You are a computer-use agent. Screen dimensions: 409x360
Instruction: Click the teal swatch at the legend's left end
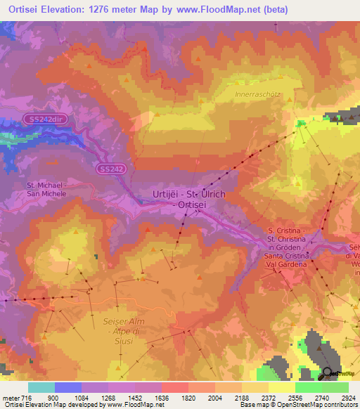(41, 387)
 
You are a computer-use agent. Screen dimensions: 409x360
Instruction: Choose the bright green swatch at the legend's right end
(335, 387)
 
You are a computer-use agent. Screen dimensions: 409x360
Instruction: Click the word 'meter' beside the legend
(8, 396)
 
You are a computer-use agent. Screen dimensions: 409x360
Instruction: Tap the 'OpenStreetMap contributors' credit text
(321, 405)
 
